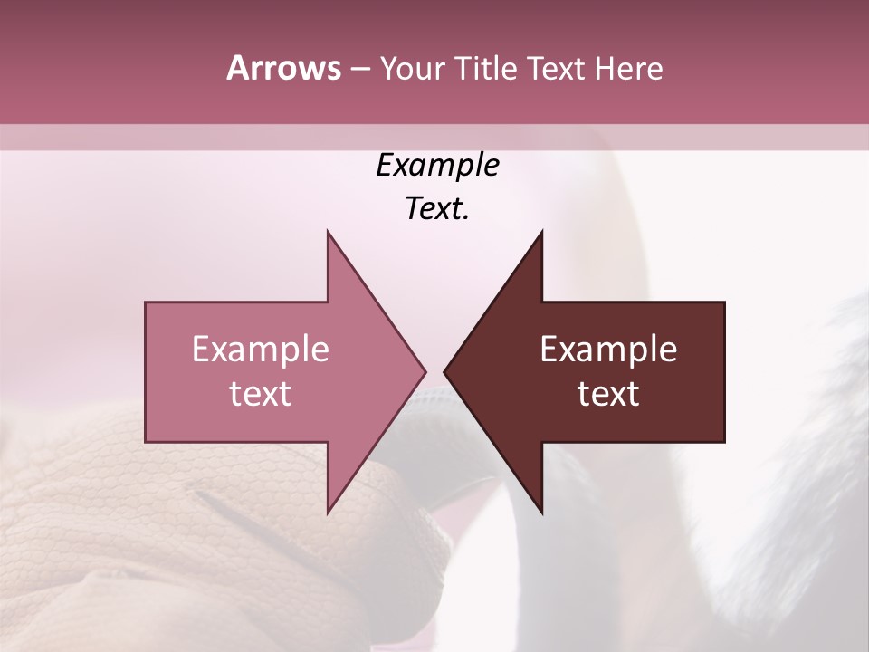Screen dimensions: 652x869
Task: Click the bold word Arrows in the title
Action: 283,68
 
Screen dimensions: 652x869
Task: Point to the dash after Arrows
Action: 359,70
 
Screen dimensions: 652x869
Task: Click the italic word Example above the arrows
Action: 437,166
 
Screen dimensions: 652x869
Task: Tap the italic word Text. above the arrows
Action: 437,208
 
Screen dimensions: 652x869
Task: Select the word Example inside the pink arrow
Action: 261,349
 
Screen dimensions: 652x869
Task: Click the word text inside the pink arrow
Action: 261,393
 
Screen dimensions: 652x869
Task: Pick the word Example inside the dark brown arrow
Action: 608,349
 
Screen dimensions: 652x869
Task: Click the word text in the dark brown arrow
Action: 608,393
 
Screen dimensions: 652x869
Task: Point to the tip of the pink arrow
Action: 425,371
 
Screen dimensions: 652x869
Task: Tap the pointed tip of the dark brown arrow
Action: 445,371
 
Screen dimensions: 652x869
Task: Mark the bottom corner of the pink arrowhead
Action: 329,512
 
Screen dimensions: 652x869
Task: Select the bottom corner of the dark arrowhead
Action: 541,512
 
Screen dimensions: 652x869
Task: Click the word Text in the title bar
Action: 556,69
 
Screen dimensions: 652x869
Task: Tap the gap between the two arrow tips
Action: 435,371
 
